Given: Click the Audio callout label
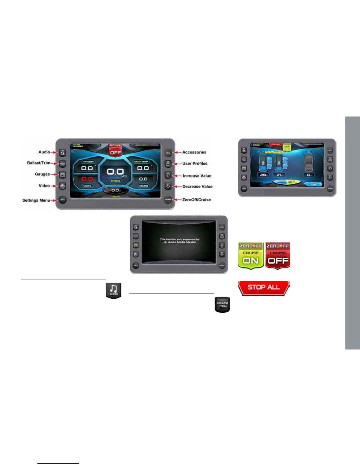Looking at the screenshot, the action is tap(44, 152).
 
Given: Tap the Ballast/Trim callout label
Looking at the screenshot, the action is tap(39, 163).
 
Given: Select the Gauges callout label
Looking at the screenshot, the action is tap(42, 174).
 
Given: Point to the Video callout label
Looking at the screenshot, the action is tap(44, 186).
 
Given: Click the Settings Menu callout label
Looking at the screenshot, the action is tap(36, 200).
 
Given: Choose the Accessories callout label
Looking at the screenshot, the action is tap(194, 152).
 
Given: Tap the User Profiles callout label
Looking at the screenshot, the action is tap(195, 164).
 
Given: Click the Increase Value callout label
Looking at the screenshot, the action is tap(197, 176).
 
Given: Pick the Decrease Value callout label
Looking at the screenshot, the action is tap(197, 187).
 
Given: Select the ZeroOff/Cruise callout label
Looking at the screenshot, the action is tap(196, 200).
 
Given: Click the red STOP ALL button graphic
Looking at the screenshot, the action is tap(264, 287).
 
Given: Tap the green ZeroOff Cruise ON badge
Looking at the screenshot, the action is tap(251, 255).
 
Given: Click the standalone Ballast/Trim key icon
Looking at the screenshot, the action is tap(222, 305).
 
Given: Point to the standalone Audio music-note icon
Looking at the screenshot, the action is tap(114, 291).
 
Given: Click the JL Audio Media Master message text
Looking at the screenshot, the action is tap(179, 241).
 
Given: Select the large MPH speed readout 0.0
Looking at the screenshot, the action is tap(115, 172).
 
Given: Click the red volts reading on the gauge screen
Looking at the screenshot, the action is tap(87, 179).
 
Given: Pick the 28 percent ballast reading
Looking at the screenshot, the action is tap(263, 175).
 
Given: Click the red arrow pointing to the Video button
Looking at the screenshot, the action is tap(54, 186).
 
